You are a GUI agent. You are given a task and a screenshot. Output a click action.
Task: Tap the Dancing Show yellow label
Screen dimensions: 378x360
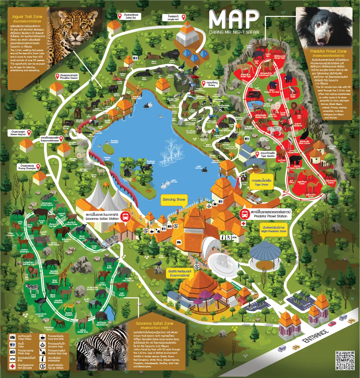tap(174, 200)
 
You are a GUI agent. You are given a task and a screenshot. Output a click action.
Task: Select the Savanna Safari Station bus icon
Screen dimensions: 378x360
tap(125, 216)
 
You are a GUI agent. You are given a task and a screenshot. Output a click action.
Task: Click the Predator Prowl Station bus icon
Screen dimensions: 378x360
tap(244, 214)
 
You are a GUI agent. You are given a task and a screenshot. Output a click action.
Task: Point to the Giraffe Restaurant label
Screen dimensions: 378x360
tap(180, 273)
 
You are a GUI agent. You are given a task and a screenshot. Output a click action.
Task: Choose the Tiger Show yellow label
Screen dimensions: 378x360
tap(261, 183)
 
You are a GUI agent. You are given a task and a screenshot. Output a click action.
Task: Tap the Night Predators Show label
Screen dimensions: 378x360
tap(273, 229)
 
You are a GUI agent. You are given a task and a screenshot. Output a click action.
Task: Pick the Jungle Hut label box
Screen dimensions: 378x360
tap(173, 18)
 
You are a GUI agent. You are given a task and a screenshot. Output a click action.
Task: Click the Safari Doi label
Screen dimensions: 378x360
tap(131, 16)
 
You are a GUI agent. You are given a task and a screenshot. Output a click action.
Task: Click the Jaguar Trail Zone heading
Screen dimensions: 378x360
tap(27, 17)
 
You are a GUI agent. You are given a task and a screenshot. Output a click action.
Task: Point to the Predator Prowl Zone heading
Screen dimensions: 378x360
tap(328, 51)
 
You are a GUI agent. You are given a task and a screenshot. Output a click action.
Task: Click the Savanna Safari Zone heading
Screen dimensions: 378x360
tap(154, 324)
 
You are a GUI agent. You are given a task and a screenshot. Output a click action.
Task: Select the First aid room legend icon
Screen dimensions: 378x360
tap(12, 366)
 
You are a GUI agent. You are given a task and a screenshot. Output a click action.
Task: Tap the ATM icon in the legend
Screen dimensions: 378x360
tap(12, 359)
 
